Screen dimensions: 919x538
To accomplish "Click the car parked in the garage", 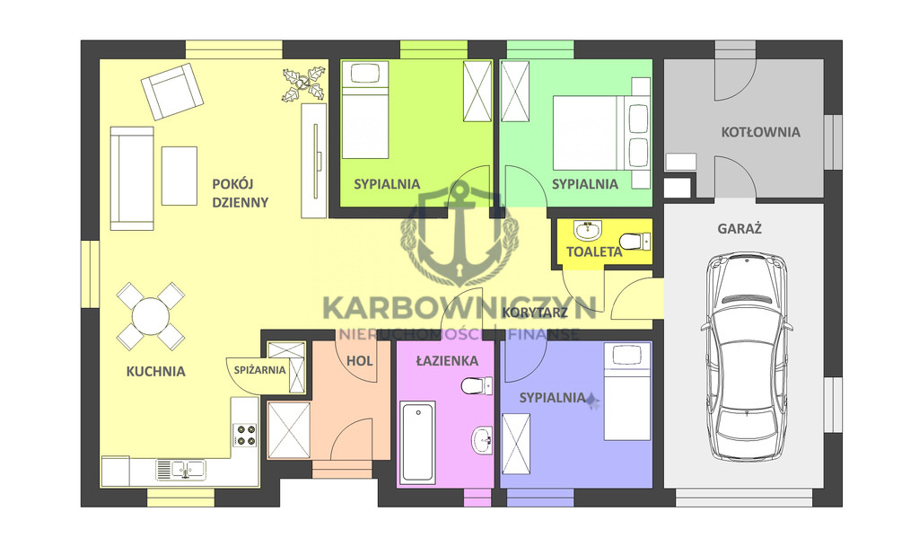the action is pyautogui.click(x=747, y=357).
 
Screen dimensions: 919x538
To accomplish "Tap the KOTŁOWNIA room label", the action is pyautogui.click(x=760, y=132).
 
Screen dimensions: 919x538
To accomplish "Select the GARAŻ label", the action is pyautogui.click(x=740, y=228).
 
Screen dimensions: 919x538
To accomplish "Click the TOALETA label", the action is pyautogui.click(x=594, y=251).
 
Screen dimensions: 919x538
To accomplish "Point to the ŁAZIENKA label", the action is pyautogui.click(x=447, y=361).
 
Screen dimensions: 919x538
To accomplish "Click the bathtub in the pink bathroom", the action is pyautogui.click(x=418, y=442).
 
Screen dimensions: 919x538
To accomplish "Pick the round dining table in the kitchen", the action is pyautogui.click(x=151, y=316).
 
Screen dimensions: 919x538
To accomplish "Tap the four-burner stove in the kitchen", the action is pyautogui.click(x=245, y=435).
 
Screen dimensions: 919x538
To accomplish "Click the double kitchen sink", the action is pyautogui.click(x=180, y=470).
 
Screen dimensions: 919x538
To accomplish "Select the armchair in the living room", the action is pyautogui.click(x=172, y=92).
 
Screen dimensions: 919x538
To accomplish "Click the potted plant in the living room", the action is pyautogui.click(x=303, y=84).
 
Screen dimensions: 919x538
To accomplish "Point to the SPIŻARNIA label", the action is pyautogui.click(x=259, y=370).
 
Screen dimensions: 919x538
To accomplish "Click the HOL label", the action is pyautogui.click(x=359, y=361).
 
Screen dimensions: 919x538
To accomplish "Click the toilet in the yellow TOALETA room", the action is pyautogui.click(x=635, y=241).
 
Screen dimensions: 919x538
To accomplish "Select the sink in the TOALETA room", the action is pyautogui.click(x=588, y=230).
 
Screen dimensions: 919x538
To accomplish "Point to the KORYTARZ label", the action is pyautogui.click(x=535, y=313).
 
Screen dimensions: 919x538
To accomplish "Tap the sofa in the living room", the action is pyautogui.click(x=133, y=179).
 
